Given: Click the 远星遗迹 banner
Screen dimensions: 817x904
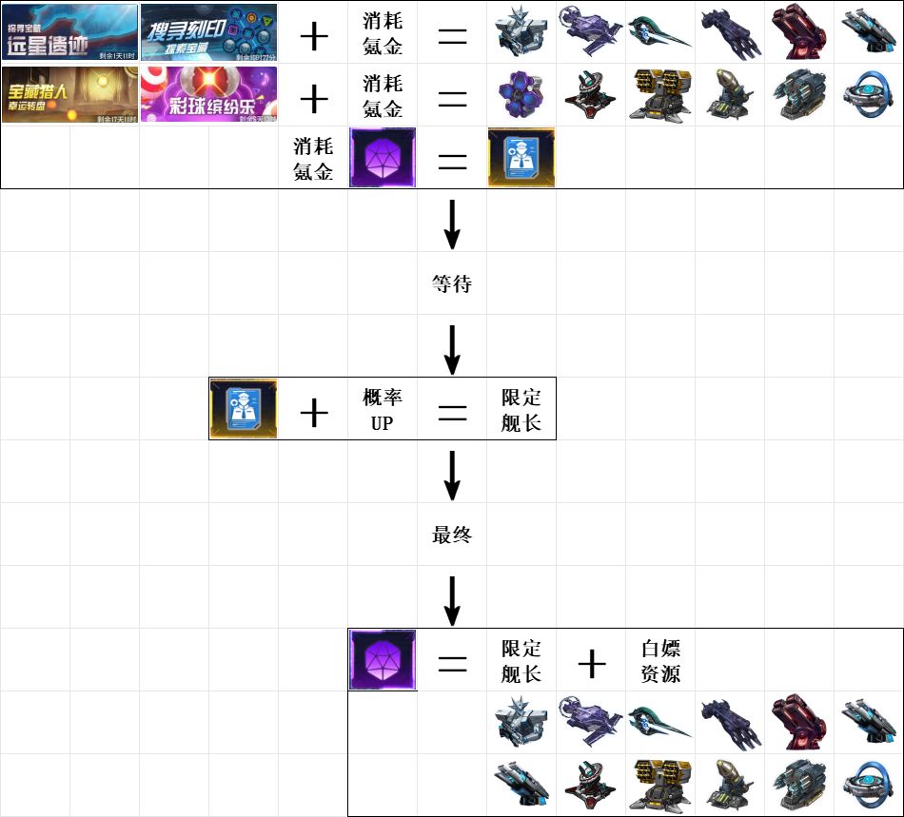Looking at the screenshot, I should pyautogui.click(x=70, y=30).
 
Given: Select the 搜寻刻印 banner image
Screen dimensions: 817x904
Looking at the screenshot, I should pyautogui.click(x=208, y=30).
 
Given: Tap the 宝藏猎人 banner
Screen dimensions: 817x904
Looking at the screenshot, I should pyautogui.click(x=70, y=94).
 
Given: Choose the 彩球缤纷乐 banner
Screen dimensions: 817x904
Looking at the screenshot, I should pyautogui.click(x=208, y=94).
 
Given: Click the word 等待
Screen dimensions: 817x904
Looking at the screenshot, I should pyautogui.click(x=452, y=283).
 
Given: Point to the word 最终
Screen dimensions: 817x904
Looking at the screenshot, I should pyautogui.click(x=452, y=535).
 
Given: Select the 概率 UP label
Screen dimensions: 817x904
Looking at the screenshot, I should pyautogui.click(x=382, y=410).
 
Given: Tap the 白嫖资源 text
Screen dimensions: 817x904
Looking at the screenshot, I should pyautogui.click(x=660, y=661).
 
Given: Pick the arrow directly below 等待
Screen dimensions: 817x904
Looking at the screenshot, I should pyautogui.click(x=452, y=347).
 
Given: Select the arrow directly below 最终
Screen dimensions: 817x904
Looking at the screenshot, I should pyautogui.click(x=452, y=598).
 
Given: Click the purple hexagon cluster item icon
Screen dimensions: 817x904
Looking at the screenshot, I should pyautogui.click(x=521, y=95).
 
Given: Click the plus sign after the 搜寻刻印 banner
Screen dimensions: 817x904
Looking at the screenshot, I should pyautogui.click(x=313, y=35).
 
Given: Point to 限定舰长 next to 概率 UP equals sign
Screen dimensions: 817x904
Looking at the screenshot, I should pyautogui.click(x=521, y=410).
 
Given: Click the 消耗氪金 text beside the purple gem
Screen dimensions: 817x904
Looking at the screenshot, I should pyautogui.click(x=313, y=159).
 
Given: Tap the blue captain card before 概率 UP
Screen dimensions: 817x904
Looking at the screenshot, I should pyautogui.click(x=244, y=409).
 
